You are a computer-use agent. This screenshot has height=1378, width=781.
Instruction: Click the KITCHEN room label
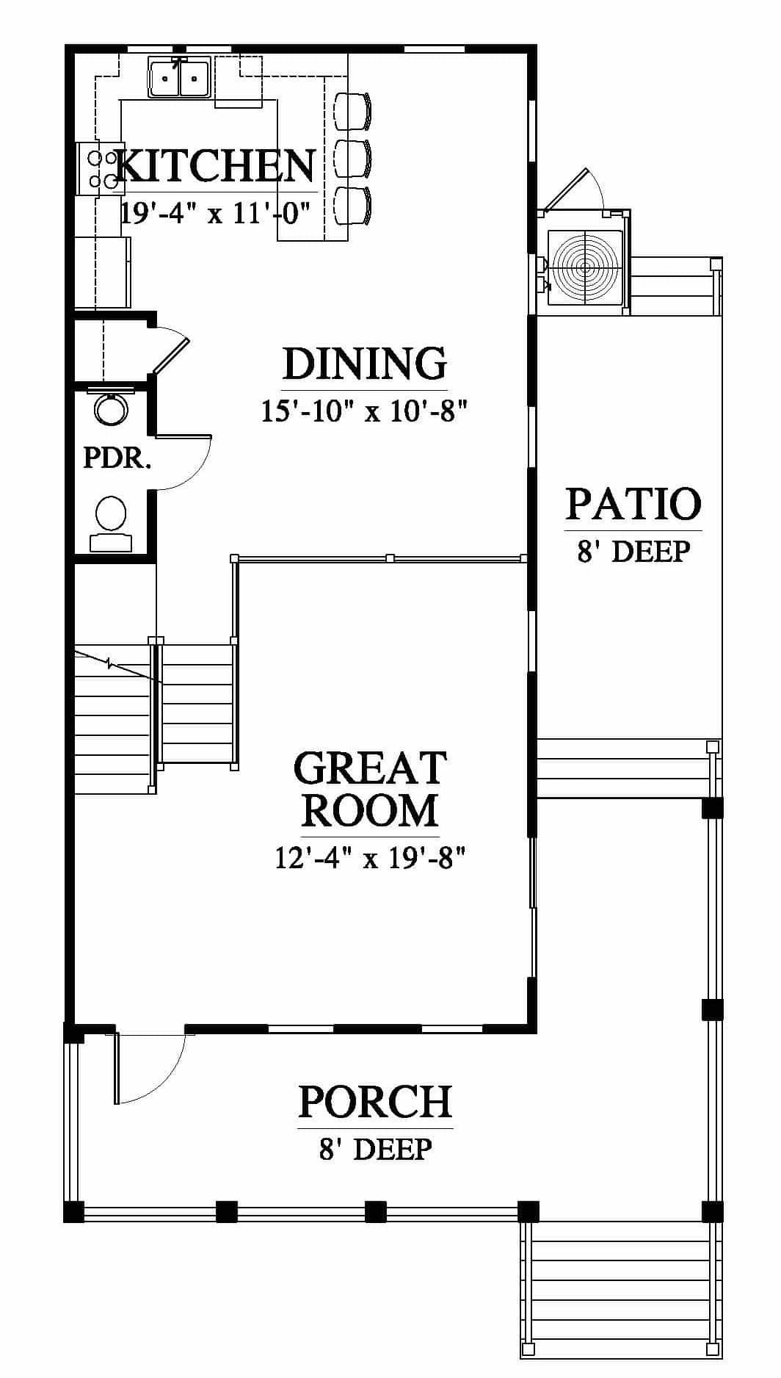click(x=215, y=166)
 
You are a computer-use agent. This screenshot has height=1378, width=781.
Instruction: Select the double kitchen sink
click(x=180, y=78)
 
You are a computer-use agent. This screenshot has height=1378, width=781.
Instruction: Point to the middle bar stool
click(x=352, y=158)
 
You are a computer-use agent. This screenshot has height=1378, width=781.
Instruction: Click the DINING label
click(x=365, y=364)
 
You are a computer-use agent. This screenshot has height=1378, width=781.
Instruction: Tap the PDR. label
click(x=117, y=458)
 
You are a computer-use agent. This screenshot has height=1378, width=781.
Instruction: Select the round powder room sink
click(x=112, y=410)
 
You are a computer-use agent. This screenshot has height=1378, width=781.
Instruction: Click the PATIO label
click(x=633, y=504)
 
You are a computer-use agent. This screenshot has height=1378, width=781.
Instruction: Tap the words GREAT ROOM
click(x=370, y=789)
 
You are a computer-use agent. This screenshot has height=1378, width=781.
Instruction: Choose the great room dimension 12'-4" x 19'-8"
click(x=371, y=857)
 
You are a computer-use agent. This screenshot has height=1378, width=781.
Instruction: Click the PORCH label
click(x=376, y=1102)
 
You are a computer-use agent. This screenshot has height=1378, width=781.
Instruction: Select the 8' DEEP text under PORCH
click(x=375, y=1149)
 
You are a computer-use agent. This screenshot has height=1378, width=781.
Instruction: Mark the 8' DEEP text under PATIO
click(x=633, y=551)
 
